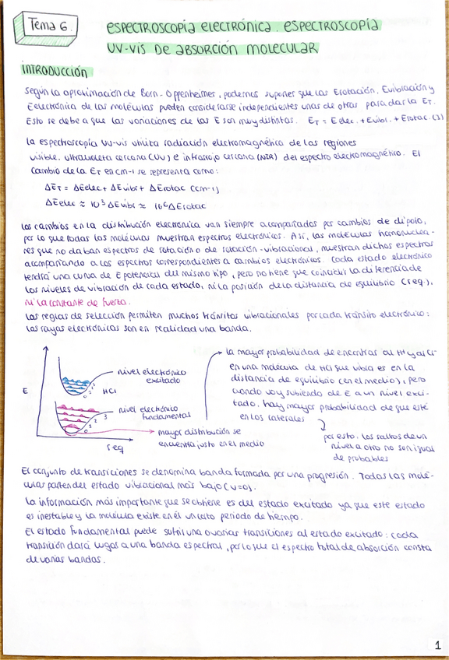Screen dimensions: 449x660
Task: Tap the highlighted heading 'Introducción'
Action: (56, 72)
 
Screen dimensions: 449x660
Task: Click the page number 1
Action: (437, 645)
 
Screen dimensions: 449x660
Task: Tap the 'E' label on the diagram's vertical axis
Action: (26, 389)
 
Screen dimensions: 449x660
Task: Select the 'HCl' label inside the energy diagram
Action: (109, 391)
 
